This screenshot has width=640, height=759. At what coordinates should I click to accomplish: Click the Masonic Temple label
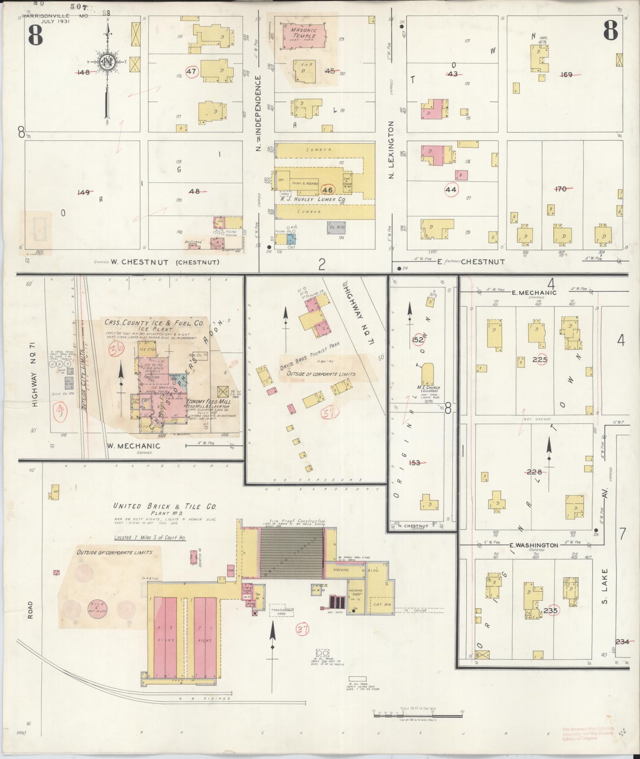click(x=303, y=33)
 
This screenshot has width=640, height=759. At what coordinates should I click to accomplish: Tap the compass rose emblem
click(x=107, y=62)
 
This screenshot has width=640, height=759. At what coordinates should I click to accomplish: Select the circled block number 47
click(x=192, y=72)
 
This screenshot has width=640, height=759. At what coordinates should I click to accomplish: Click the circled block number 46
click(x=327, y=190)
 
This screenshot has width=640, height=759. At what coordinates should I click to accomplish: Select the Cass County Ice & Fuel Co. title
click(x=154, y=323)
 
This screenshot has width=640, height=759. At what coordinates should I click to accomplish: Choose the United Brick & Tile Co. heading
click(x=165, y=507)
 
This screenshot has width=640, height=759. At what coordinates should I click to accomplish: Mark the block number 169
click(x=566, y=74)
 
